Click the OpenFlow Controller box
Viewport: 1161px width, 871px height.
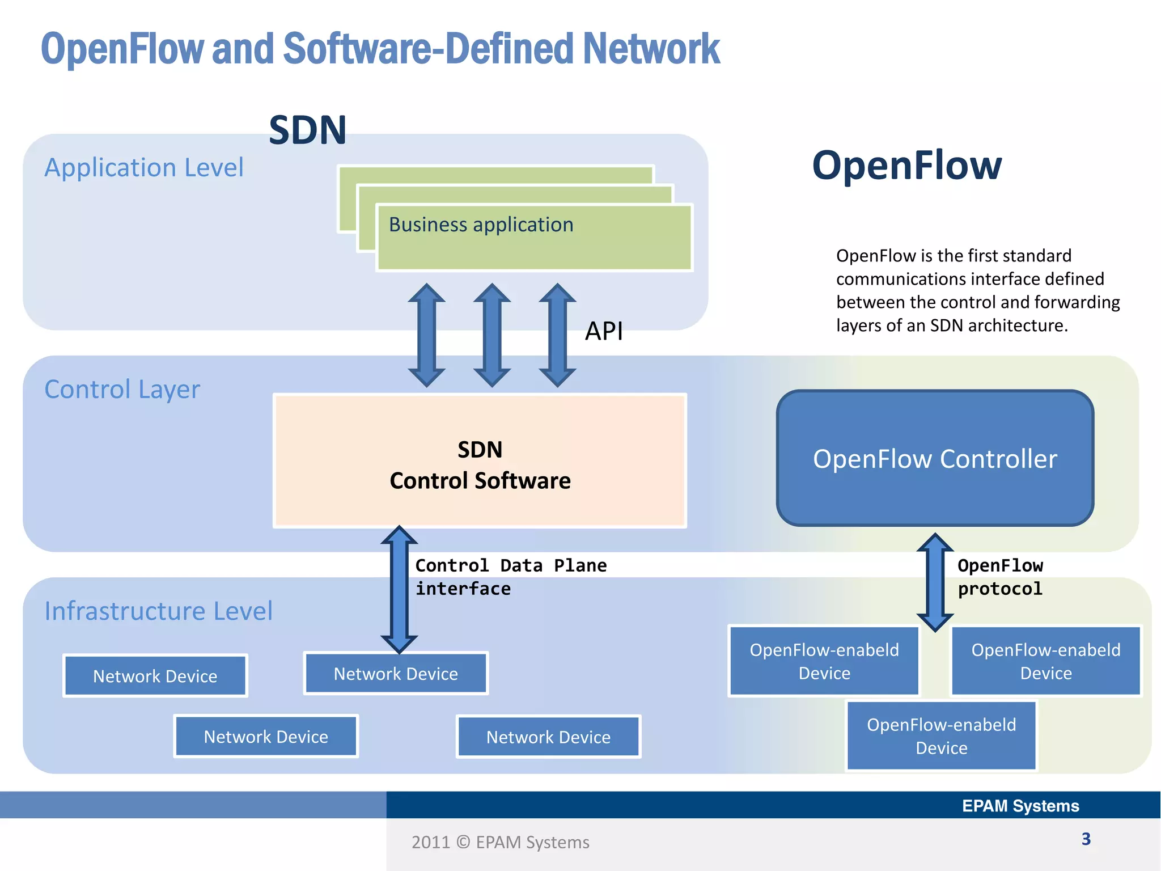[x=935, y=458]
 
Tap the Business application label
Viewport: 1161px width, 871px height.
[x=481, y=225]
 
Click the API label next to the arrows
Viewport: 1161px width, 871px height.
[x=604, y=331]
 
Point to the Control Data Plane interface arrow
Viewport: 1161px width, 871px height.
[x=399, y=590]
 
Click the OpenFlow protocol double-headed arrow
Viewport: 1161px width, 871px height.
[x=935, y=582]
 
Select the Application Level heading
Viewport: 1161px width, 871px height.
[x=144, y=168]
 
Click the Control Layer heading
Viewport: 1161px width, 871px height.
[x=122, y=390]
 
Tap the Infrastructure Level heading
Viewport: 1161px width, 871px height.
[x=158, y=611]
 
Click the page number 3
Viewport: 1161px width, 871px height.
[x=1086, y=839]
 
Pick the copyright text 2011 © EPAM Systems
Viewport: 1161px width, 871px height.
[x=500, y=842]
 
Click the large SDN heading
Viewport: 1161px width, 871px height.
[x=307, y=130]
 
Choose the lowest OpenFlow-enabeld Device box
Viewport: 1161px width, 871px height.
[x=941, y=736]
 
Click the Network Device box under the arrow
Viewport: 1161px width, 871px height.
[x=396, y=674]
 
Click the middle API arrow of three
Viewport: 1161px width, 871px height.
[x=492, y=335]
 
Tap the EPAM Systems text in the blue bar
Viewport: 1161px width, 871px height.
[x=1020, y=806]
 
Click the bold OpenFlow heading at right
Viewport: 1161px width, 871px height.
[x=906, y=166]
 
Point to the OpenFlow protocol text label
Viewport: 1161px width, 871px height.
[x=999, y=577]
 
